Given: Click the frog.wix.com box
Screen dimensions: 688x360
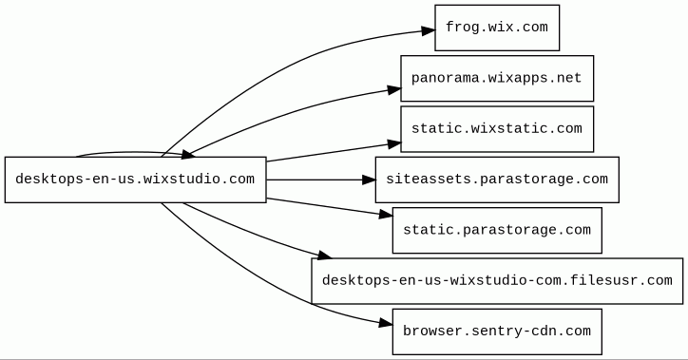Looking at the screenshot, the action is coord(497,28).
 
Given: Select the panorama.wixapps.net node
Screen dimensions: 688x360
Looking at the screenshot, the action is coord(497,79).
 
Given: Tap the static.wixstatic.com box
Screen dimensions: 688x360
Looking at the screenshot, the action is coord(497,129).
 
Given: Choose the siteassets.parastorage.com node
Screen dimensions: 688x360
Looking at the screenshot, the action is coord(497,180).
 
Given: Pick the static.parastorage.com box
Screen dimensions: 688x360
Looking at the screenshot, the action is coord(497,230).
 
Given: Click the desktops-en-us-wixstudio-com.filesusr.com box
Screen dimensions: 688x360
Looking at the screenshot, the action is coord(497,281).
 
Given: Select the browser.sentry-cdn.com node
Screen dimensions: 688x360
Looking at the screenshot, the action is coord(497,332).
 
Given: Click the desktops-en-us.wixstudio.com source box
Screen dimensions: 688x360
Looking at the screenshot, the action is coord(136,180).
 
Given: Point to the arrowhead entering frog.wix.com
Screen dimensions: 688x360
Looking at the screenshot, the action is coord(429,30).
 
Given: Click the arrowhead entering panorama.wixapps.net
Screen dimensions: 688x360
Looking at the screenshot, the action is coord(394,90).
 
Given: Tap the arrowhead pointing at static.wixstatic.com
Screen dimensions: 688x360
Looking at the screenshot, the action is coord(394,143).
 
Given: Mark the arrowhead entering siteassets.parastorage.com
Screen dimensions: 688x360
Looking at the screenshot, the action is coord(369,180).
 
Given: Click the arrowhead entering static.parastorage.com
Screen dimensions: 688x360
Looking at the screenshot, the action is coord(386,214).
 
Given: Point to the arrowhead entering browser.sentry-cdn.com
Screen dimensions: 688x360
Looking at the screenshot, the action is coord(385,324).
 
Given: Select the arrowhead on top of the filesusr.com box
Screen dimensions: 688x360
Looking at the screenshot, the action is coord(325,255).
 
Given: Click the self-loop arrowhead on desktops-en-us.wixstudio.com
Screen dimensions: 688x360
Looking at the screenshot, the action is coord(188,154).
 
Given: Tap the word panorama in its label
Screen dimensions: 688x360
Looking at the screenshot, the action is coord(446,79).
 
